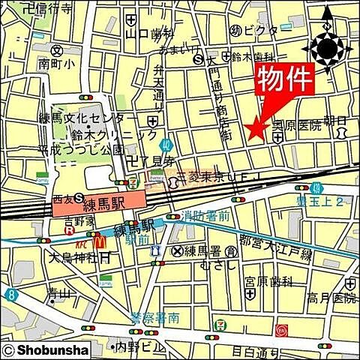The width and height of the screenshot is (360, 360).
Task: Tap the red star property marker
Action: (257, 130)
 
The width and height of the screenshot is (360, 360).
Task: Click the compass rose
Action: (328, 48)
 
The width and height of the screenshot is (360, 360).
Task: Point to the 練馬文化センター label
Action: (94, 120)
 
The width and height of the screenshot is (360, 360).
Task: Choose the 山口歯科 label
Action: (149, 34)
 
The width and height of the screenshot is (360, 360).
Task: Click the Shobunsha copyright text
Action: (46, 349)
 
